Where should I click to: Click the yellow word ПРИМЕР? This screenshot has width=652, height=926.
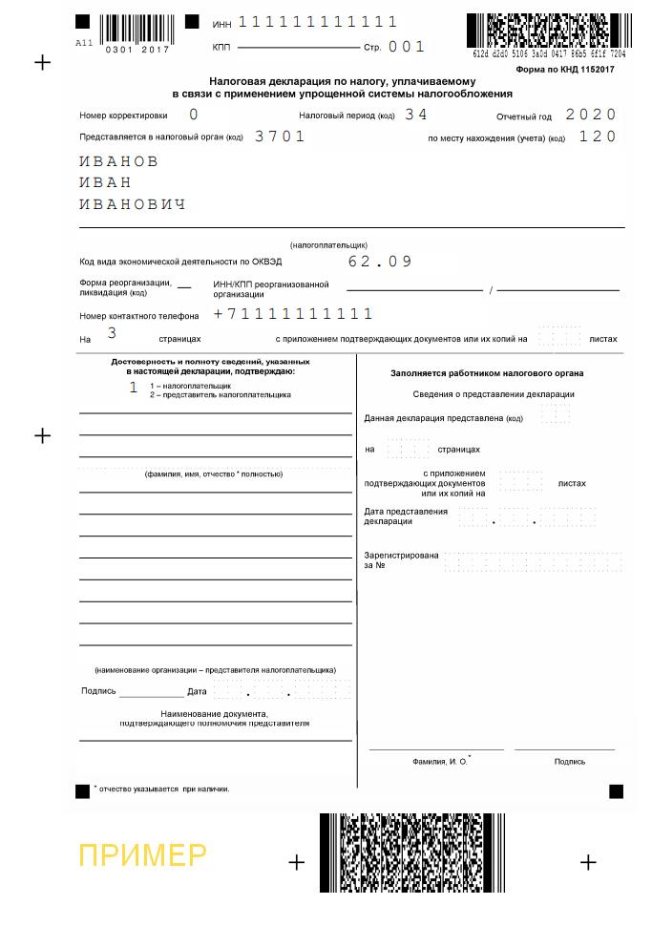[142, 855]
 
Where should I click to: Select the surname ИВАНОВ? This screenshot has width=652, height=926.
[118, 161]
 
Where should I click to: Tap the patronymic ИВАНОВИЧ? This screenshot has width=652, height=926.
[132, 204]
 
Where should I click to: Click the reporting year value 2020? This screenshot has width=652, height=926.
[591, 115]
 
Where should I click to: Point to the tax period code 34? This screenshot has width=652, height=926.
[416, 115]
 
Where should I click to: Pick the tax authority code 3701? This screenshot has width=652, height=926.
[280, 137]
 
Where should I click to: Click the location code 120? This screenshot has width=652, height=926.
[598, 137]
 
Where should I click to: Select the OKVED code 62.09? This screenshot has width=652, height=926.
[380, 261]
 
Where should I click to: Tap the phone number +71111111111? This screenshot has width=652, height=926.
[293, 314]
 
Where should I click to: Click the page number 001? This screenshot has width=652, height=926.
[407, 47]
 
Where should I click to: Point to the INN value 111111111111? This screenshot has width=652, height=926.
[317, 22]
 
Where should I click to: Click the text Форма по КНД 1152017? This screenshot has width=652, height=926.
[564, 70]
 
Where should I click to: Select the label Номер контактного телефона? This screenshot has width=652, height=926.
[139, 316]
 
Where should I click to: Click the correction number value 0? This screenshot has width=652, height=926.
[194, 115]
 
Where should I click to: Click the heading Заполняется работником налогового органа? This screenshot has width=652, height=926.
[487, 373]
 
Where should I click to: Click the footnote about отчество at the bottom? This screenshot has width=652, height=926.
[162, 789]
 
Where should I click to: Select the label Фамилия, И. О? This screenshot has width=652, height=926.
[441, 762]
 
